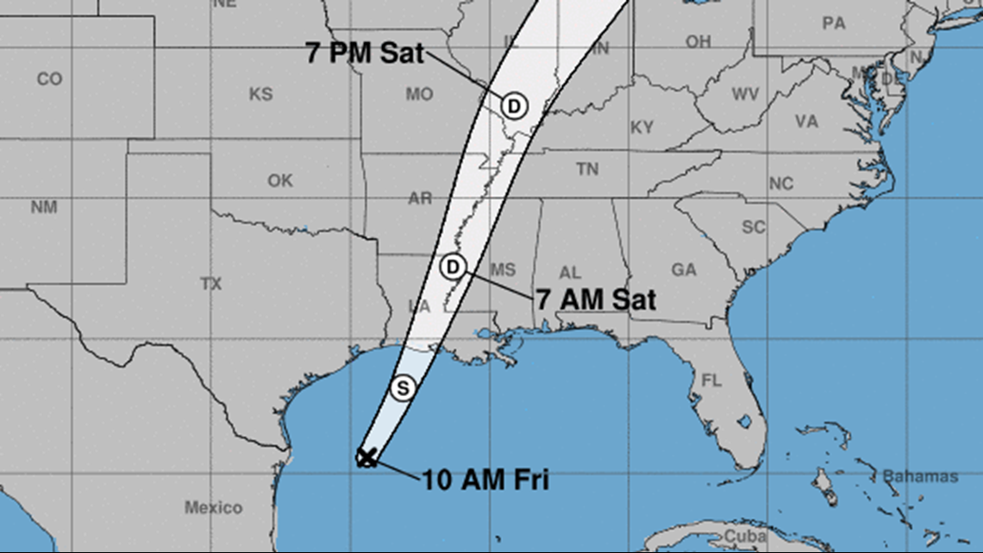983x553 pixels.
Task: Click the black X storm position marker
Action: tap(366, 458)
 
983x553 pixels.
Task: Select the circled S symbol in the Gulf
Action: tap(402, 388)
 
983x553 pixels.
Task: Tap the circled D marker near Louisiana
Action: tap(452, 267)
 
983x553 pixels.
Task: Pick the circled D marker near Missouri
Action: tap(514, 106)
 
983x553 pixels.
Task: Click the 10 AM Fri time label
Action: tap(485, 479)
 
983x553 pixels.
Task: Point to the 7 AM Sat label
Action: tap(596, 299)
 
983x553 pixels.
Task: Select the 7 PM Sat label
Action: tap(365, 53)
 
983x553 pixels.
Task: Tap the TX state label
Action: tap(211, 284)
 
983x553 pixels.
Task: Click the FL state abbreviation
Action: tap(711, 380)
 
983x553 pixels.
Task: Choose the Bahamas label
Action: tap(920, 476)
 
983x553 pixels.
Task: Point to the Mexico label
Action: tap(213, 507)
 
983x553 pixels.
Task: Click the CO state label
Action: tap(49, 79)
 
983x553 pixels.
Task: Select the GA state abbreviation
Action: tap(684, 270)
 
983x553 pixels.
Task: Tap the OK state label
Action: tap(280, 181)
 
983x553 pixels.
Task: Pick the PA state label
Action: tap(834, 24)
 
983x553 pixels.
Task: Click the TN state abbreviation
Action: tap(587, 170)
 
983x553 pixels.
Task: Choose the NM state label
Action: tap(44, 207)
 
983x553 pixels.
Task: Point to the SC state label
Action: tap(754, 228)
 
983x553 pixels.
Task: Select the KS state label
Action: tap(261, 94)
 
